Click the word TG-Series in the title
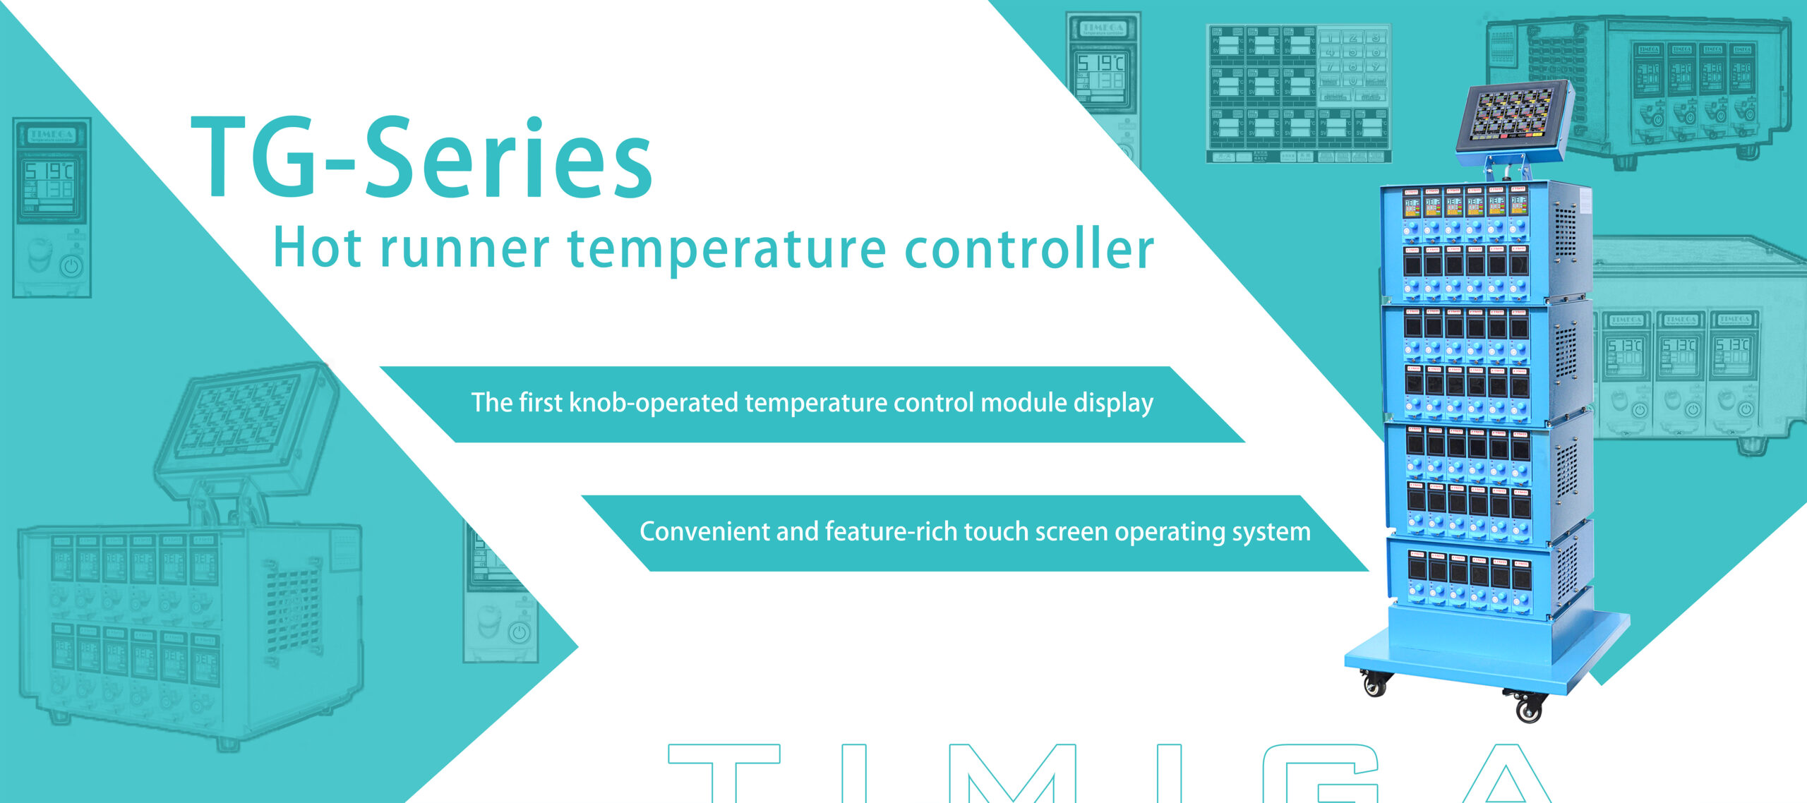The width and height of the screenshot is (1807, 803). (422, 159)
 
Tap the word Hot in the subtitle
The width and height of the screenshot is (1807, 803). (317, 249)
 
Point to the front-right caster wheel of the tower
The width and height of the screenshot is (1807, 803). (1528, 707)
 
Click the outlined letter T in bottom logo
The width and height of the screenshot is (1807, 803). (724, 773)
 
